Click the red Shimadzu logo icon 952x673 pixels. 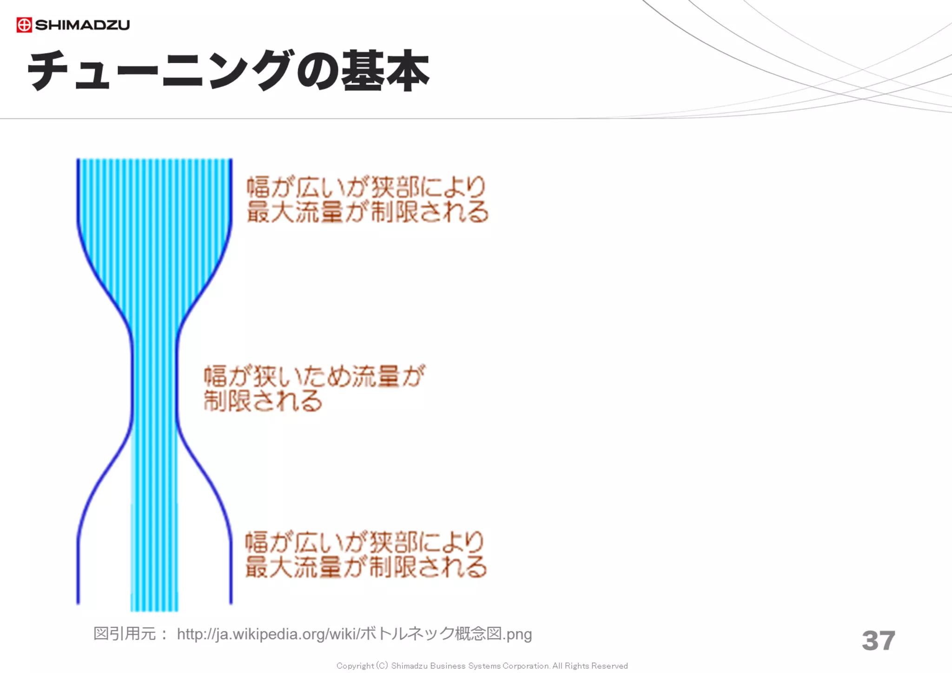pyautogui.click(x=24, y=25)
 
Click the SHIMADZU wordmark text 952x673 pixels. pyautogui.click(x=82, y=25)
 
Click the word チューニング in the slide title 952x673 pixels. pyautogui.click(x=160, y=71)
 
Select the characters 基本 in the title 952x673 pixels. pyautogui.click(x=385, y=71)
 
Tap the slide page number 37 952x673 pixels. pyautogui.click(x=878, y=640)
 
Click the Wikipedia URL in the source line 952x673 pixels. pyautogui.click(x=354, y=634)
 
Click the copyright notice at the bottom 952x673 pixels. pyautogui.click(x=482, y=666)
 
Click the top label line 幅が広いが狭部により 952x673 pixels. pyautogui.click(x=366, y=187)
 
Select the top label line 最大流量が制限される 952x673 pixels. pyautogui.click(x=367, y=212)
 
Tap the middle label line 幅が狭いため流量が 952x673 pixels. pyautogui.click(x=315, y=376)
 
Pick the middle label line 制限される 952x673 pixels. pyautogui.click(x=263, y=401)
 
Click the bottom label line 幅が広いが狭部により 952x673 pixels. pyautogui.click(x=365, y=542)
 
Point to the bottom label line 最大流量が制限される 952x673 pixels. pyautogui.click(x=366, y=567)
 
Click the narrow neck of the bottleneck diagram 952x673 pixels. pyautogui.click(x=154, y=381)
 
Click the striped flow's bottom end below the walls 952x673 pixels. pyautogui.click(x=154, y=607)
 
